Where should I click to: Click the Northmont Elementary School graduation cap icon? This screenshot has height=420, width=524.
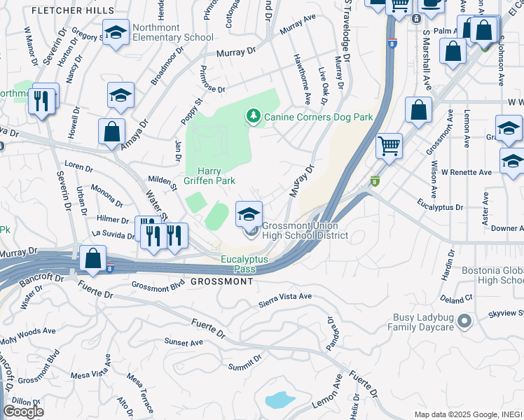click(x=116, y=31)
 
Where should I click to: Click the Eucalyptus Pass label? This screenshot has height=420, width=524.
click(x=245, y=264)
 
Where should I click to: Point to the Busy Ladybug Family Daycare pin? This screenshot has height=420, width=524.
click(x=463, y=321)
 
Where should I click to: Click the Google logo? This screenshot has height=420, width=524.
click(x=23, y=412)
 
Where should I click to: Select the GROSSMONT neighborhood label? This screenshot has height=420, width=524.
click(x=221, y=281)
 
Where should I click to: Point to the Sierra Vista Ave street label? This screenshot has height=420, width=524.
click(x=285, y=297)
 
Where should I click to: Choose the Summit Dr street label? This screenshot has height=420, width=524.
click(x=244, y=362)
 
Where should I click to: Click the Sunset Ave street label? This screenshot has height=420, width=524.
click(x=183, y=342)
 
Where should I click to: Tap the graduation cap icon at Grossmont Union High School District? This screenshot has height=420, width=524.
click(x=249, y=214)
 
